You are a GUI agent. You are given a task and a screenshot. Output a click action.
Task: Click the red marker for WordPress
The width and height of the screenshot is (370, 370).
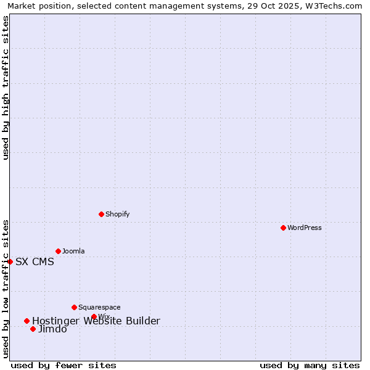point(283,228)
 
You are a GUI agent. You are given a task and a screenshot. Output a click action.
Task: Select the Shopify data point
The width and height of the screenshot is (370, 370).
point(101,214)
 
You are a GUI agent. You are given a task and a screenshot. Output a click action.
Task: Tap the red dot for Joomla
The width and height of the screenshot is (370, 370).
point(58,251)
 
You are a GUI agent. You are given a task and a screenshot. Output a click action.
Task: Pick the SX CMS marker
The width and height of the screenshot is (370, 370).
point(10,261)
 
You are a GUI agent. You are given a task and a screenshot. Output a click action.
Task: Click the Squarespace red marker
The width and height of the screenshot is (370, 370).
point(74,307)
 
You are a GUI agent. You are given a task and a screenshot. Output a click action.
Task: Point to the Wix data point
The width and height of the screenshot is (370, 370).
point(94,317)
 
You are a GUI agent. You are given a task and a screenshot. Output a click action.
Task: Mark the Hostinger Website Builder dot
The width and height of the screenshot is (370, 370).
point(27,321)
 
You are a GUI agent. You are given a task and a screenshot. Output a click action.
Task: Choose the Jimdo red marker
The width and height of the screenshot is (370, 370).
point(33,329)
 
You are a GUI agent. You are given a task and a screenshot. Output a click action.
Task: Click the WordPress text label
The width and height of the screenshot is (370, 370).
point(305,228)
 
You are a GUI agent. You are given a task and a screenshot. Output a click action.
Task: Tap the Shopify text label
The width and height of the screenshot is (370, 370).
point(117,214)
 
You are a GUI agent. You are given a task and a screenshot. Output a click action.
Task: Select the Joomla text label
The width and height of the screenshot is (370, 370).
point(73,251)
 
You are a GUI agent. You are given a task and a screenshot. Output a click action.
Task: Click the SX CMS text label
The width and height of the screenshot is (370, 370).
point(35,261)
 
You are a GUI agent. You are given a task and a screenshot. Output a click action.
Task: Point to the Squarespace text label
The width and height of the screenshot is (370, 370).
point(99,307)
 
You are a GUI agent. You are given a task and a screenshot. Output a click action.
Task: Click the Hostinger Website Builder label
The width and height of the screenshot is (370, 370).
point(96,321)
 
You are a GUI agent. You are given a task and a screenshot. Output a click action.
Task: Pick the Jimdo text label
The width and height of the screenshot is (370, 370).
point(52,329)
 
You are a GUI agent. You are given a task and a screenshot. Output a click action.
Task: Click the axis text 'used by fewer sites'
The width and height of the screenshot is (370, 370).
point(64,365)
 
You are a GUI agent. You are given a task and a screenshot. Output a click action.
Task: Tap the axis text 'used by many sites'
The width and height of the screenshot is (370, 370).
point(310,365)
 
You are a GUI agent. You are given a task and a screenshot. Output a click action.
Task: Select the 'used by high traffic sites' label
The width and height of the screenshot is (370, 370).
point(6,88)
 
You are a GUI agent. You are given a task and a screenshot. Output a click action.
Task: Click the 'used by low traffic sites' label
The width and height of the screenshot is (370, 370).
point(6,289)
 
